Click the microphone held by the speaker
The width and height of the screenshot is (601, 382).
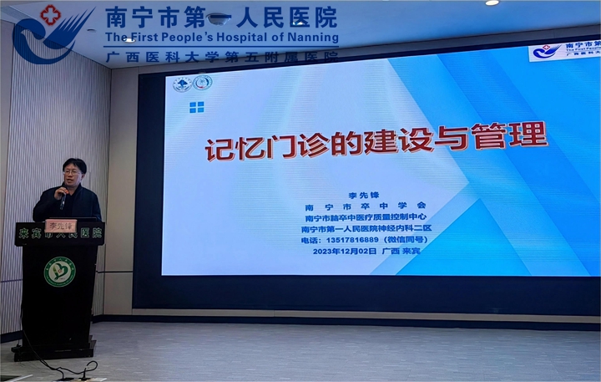tap(63, 199)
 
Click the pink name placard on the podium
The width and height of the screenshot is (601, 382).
tap(60, 225)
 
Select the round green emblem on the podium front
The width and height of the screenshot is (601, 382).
tap(60, 272)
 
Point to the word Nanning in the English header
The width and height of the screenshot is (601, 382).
tap(314, 38)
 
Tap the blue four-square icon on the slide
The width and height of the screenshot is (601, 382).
tap(196, 107)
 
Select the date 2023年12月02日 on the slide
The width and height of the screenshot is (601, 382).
tap(345, 251)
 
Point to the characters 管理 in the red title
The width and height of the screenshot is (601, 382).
tap(517, 134)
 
